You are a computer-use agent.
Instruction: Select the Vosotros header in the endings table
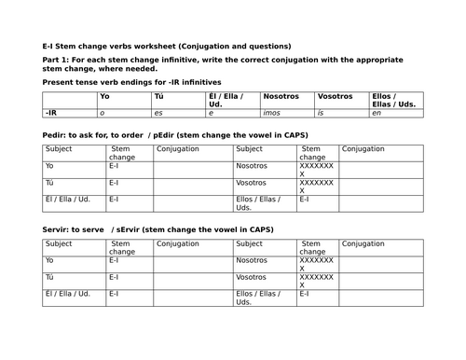335,96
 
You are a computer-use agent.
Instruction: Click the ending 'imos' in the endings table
274,112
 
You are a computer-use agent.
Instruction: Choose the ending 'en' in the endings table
376,112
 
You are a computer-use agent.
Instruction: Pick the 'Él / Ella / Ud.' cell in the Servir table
66,293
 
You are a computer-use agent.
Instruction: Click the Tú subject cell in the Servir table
50,277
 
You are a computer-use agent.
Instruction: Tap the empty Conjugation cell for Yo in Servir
190,261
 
